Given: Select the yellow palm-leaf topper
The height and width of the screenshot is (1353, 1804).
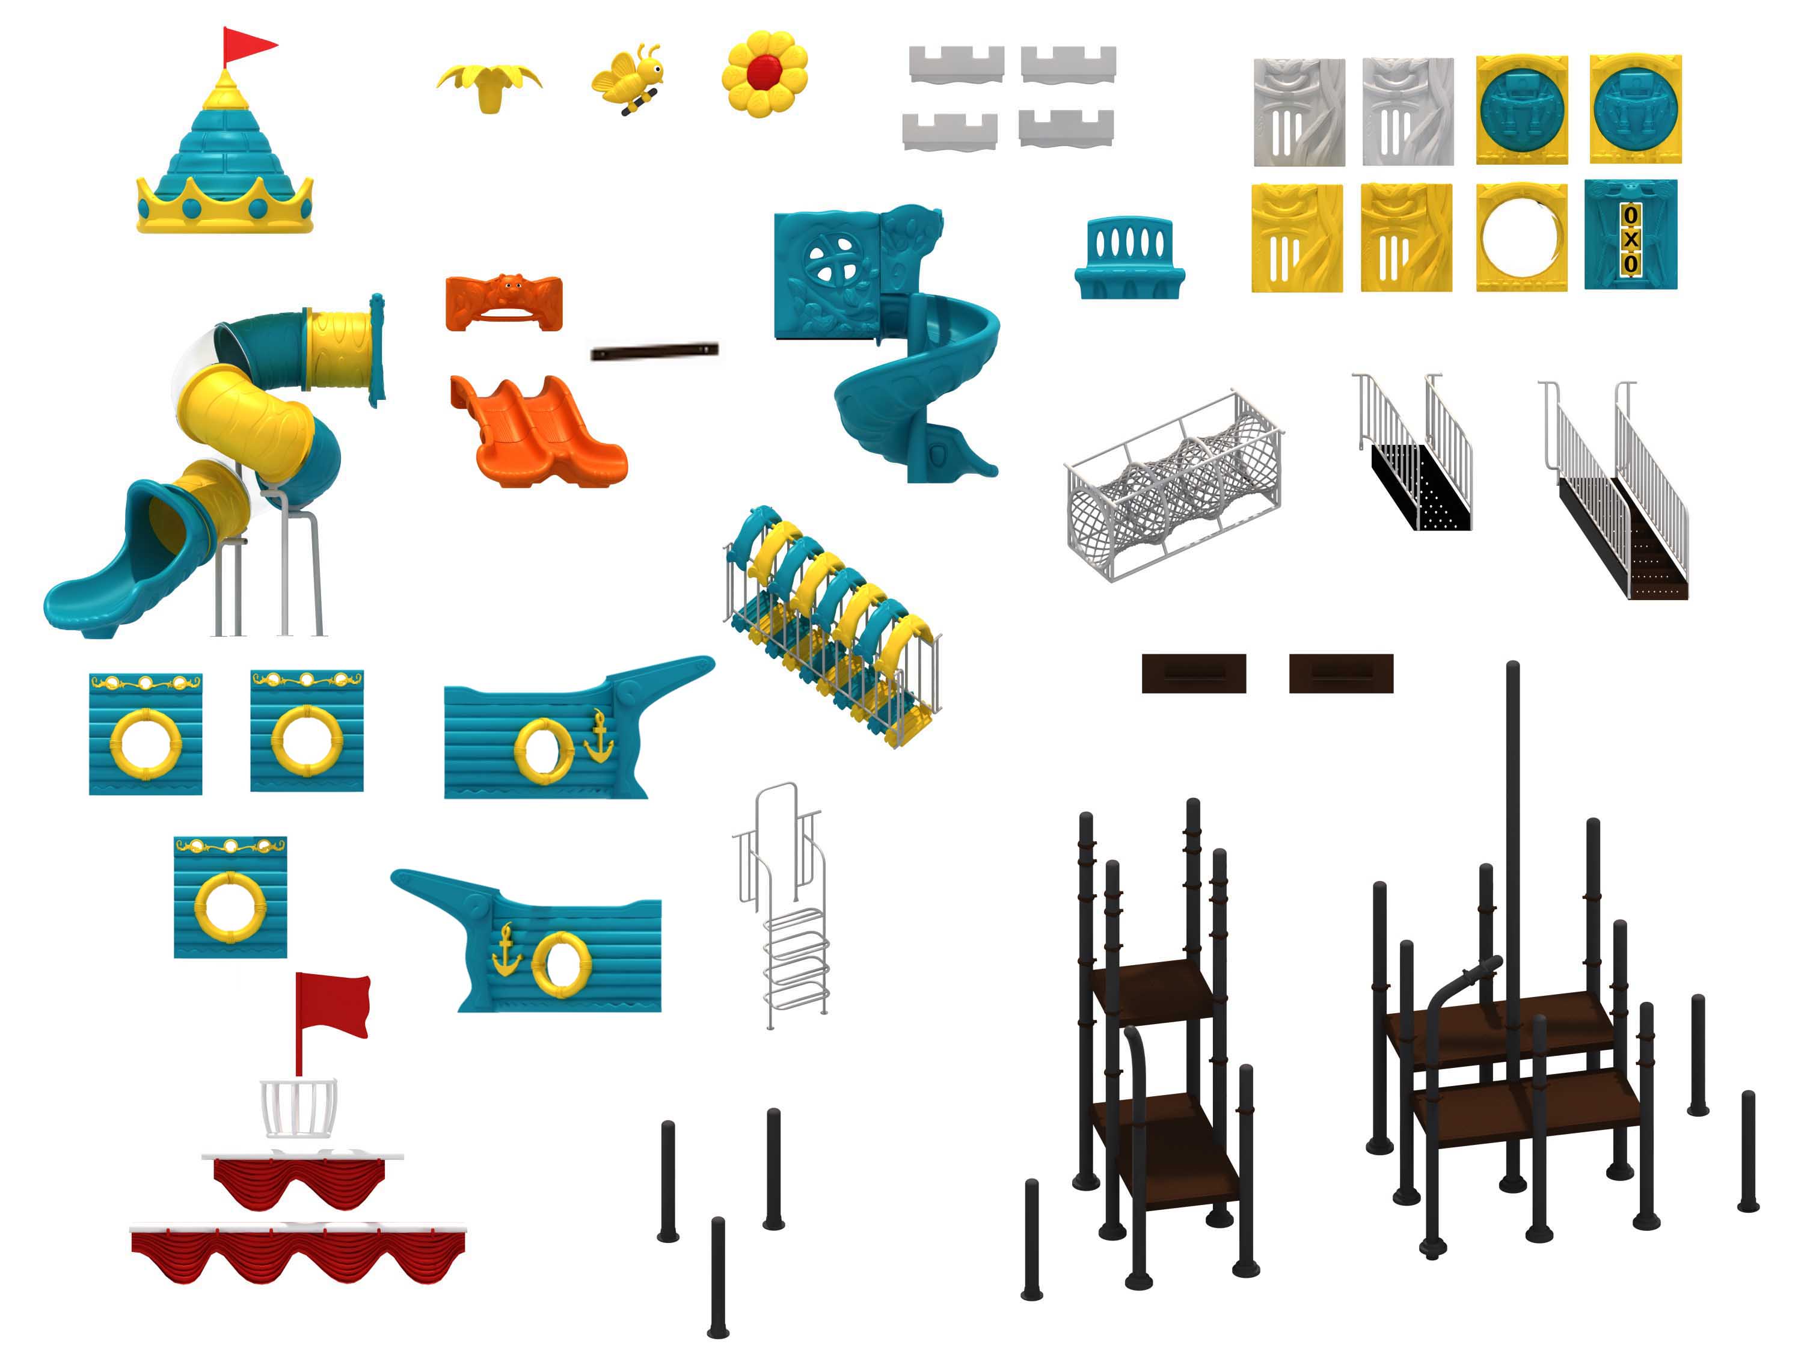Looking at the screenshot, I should (x=489, y=85).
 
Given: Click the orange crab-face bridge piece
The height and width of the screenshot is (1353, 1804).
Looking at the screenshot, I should (x=504, y=302).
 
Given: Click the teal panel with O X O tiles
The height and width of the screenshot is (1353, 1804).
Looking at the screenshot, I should (x=1630, y=235).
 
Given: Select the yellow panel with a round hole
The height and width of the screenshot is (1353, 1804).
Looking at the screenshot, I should (x=1521, y=236).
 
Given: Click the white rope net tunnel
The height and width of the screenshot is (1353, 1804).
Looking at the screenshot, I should (x=1174, y=485).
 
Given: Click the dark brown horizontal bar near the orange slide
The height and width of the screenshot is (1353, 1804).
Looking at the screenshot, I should (x=654, y=352).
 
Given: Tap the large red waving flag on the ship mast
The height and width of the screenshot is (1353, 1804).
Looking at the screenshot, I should (x=333, y=1005).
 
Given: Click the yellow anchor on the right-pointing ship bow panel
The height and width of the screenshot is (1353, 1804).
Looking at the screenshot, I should (x=600, y=737).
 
